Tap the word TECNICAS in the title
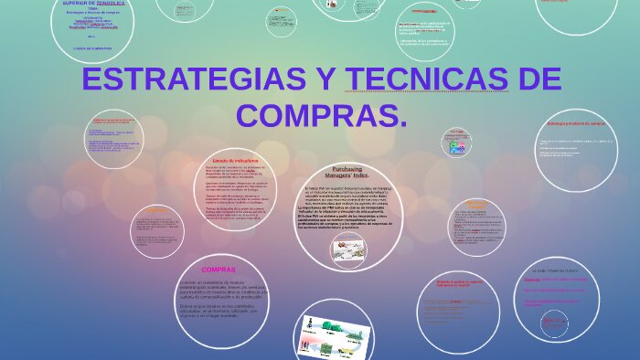pyautogui.click(x=427, y=80)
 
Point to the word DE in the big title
pyautogui.click(x=539, y=80)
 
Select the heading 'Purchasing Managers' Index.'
pyautogui.click(x=347, y=173)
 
